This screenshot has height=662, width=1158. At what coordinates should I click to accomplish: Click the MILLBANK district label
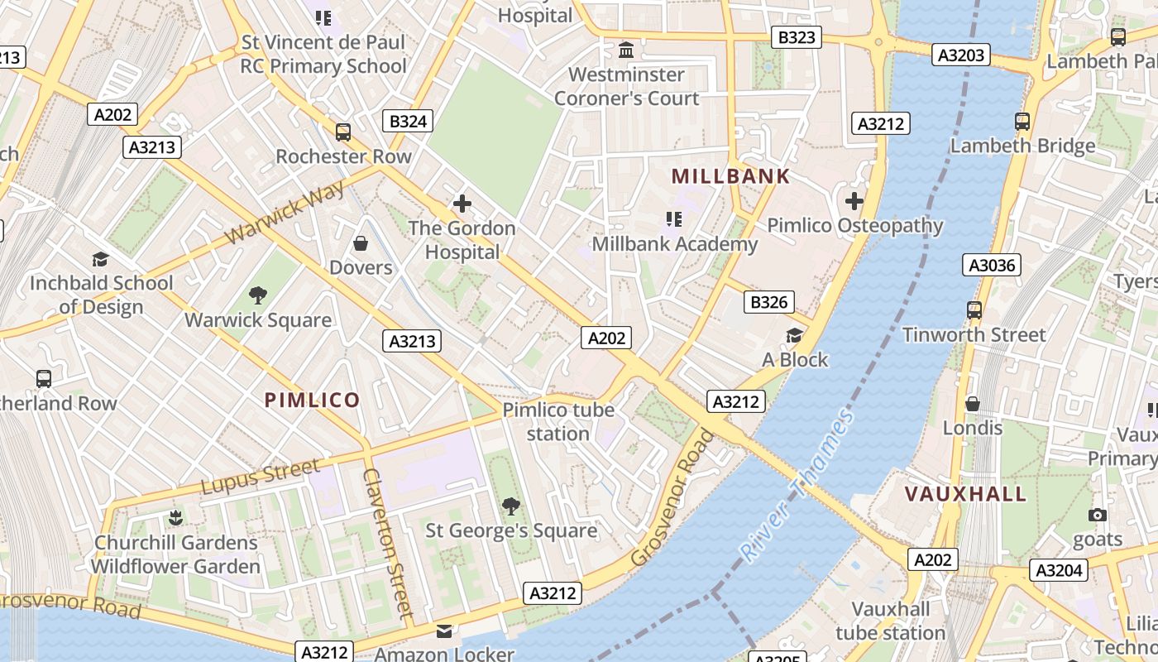(x=730, y=176)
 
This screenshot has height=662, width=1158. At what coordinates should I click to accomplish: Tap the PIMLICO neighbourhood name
(x=312, y=401)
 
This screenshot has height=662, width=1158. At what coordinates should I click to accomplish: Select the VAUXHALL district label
(x=965, y=494)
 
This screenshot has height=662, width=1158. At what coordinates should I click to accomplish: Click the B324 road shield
(x=408, y=122)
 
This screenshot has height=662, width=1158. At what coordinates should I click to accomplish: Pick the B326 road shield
(x=768, y=302)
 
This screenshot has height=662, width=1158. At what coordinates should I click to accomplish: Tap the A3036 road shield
(x=992, y=265)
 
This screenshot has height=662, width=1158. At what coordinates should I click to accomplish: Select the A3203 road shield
(x=960, y=55)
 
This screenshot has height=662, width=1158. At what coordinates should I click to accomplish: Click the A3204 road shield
(x=1059, y=570)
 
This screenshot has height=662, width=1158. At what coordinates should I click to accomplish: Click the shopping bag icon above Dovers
(x=361, y=243)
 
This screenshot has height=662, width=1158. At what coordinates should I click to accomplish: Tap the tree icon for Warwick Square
(x=258, y=295)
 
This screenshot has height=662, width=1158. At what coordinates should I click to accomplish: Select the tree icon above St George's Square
(x=511, y=506)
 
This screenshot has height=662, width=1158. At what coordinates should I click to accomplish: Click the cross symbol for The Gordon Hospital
(x=462, y=204)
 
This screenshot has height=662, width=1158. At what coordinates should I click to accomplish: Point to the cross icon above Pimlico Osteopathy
(x=854, y=201)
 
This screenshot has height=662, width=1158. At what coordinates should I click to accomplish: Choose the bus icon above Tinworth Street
(x=974, y=310)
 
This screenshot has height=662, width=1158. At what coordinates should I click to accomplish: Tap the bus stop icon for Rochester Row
(x=342, y=132)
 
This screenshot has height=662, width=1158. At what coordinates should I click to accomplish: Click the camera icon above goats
(x=1098, y=515)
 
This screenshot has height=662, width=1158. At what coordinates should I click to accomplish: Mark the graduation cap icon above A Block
(x=794, y=335)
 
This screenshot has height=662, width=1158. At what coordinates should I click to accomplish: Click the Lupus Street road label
(x=261, y=477)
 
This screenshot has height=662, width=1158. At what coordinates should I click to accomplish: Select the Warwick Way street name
(x=284, y=213)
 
